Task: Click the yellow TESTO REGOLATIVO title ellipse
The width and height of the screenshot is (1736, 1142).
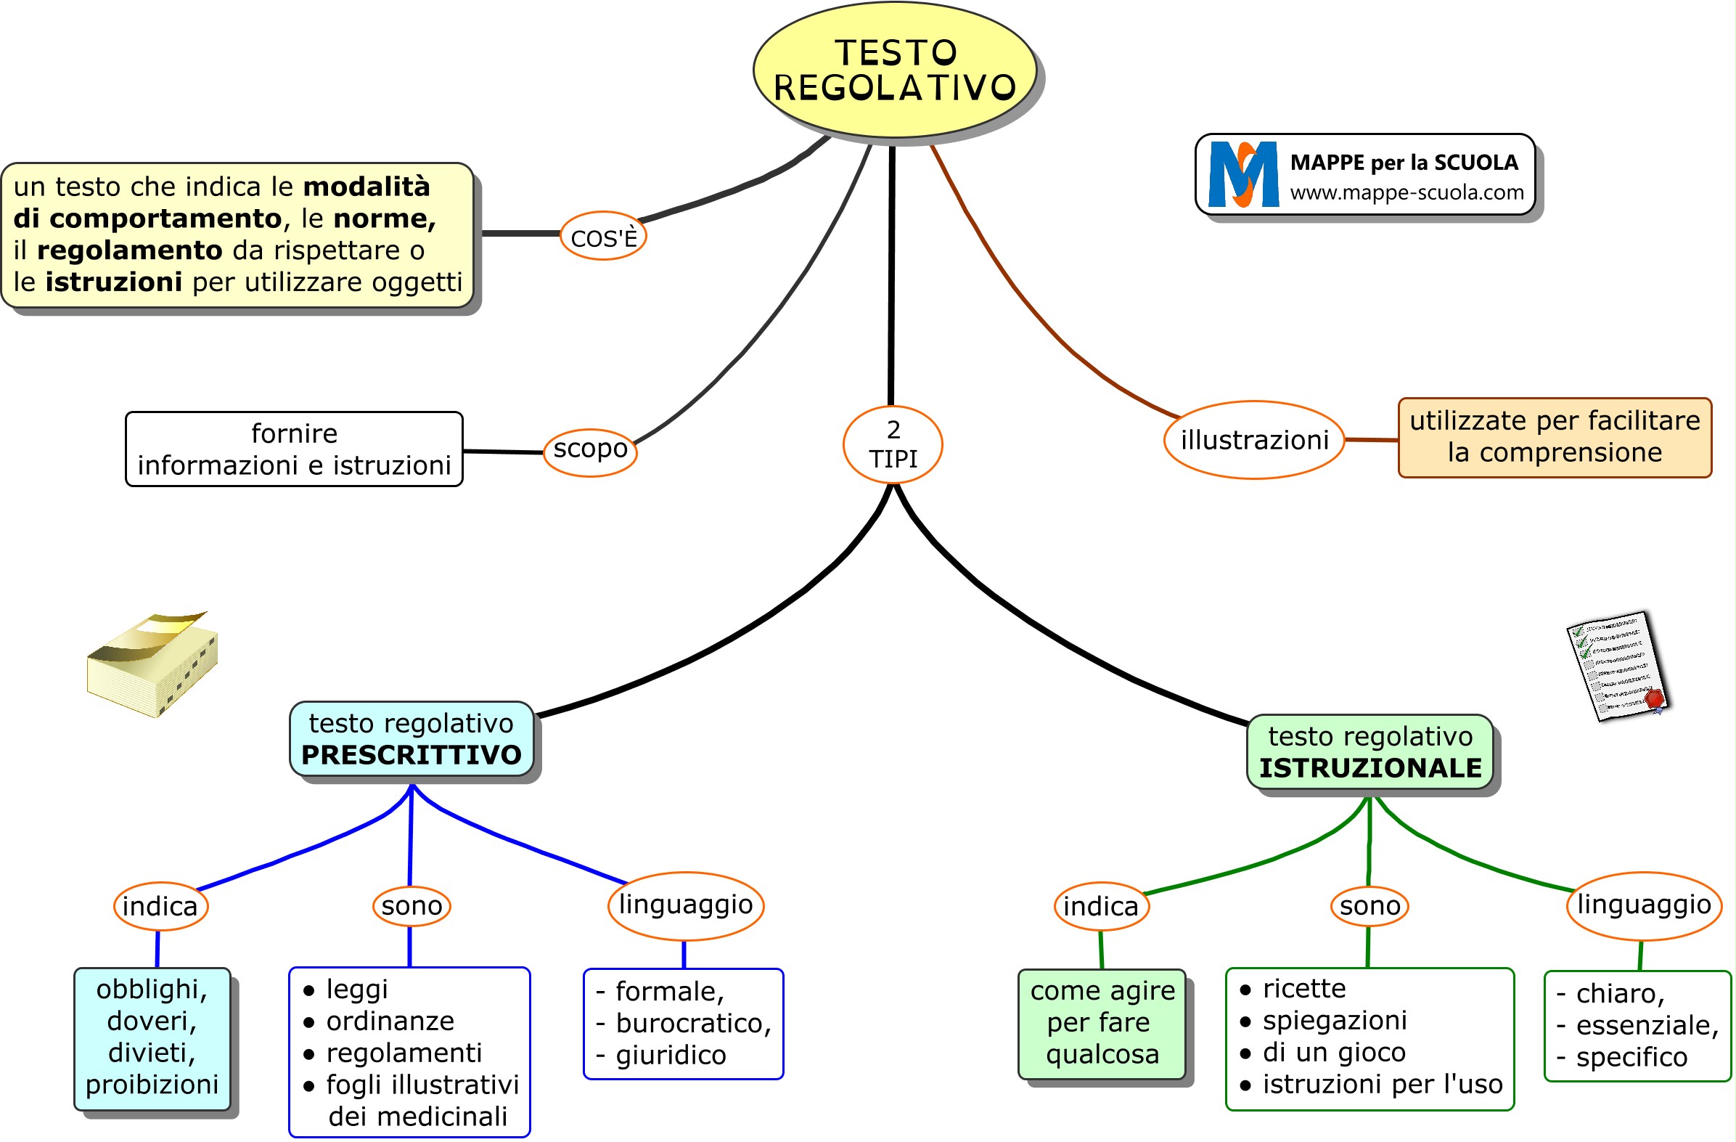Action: click(894, 70)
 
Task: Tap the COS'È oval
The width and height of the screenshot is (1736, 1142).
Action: click(603, 237)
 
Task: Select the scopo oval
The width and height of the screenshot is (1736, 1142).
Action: click(590, 451)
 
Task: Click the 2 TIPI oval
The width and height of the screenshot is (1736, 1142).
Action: click(893, 444)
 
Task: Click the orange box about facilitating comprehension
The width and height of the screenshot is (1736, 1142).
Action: click(1554, 438)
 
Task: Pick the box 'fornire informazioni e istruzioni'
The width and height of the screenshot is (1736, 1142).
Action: click(294, 449)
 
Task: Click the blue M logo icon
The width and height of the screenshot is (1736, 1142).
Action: click(1242, 175)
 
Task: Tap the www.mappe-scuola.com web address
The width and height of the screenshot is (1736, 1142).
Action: click(1407, 192)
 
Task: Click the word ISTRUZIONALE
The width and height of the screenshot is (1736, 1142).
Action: click(1369, 768)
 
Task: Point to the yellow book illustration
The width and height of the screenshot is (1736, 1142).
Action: click(152, 664)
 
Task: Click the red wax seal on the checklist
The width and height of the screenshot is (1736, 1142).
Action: click(1653, 698)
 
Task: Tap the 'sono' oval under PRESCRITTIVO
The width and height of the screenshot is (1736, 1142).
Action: click(412, 906)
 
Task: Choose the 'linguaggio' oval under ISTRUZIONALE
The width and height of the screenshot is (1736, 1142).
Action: click(1643, 905)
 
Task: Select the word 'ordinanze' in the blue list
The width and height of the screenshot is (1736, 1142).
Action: click(390, 1021)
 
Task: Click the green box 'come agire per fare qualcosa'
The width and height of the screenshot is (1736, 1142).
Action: click(1102, 1023)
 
